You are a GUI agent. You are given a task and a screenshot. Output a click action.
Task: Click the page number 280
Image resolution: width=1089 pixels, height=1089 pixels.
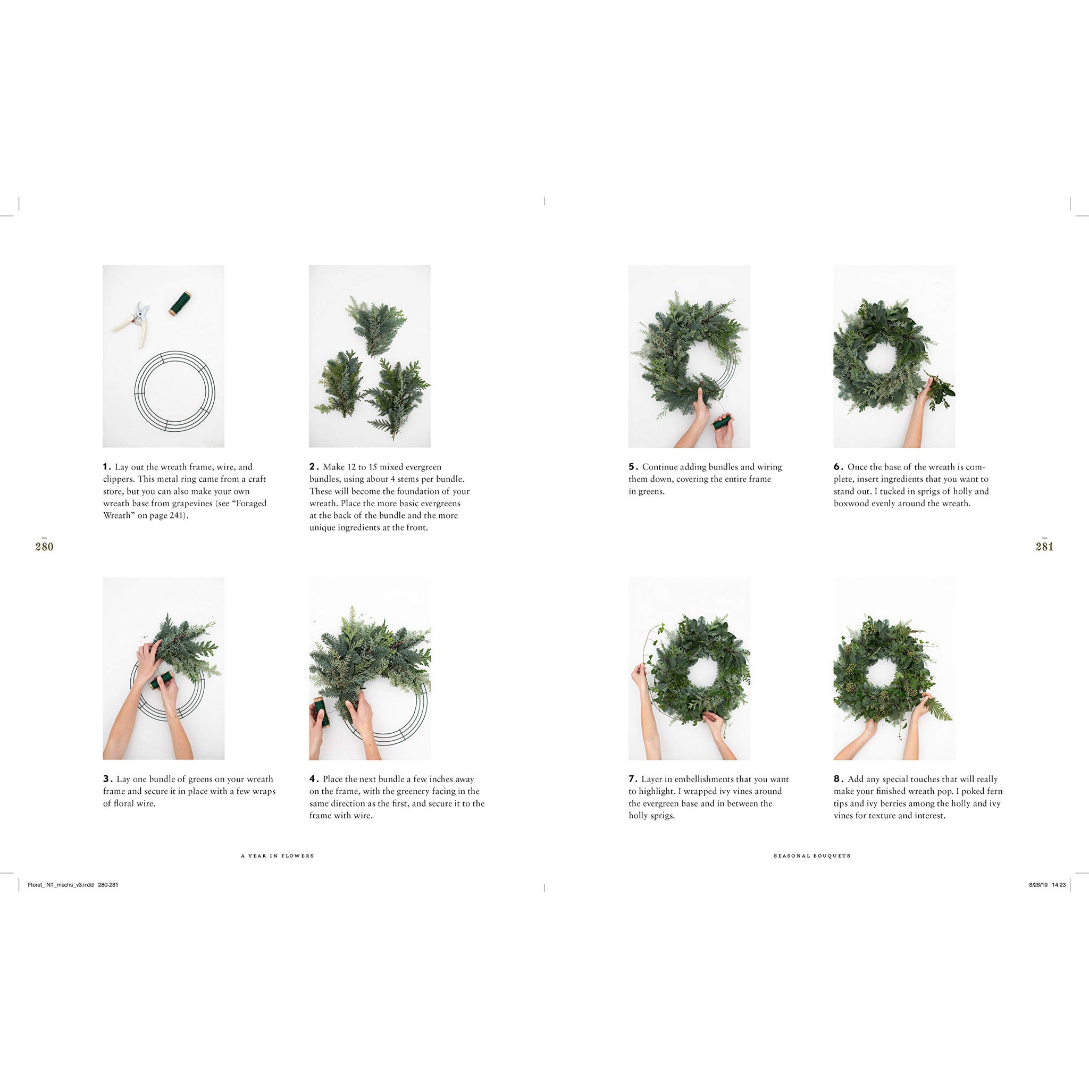pyautogui.click(x=44, y=546)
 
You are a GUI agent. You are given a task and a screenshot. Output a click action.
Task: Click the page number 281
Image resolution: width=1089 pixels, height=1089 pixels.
pyautogui.click(x=1044, y=546)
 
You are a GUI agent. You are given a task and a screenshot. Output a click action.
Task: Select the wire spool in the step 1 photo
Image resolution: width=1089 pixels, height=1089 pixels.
pyautogui.click(x=180, y=303)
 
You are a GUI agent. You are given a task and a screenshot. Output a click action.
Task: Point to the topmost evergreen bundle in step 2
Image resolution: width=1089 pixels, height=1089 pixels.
pyautogui.click(x=375, y=326)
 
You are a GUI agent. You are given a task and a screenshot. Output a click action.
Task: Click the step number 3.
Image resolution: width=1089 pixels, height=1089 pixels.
pyautogui.click(x=107, y=779)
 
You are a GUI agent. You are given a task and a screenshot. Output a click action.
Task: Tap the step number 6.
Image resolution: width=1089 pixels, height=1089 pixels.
pyautogui.click(x=838, y=467)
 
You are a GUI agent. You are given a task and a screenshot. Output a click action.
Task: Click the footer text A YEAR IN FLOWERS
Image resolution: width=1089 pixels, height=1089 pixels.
pyautogui.click(x=278, y=856)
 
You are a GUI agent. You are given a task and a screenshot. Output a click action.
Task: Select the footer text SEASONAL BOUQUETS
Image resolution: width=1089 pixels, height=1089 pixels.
pyautogui.click(x=811, y=856)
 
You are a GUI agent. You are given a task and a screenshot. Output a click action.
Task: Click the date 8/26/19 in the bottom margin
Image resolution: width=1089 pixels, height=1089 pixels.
pyautogui.click(x=1038, y=885)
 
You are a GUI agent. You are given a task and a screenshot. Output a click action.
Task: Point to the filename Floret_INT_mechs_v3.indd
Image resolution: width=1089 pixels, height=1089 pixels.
pyautogui.click(x=61, y=885)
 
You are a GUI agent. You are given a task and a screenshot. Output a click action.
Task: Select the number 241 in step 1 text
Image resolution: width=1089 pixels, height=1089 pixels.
pyautogui.click(x=176, y=515)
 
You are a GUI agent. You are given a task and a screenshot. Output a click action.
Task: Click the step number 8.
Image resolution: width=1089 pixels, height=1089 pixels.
pyautogui.click(x=838, y=779)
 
